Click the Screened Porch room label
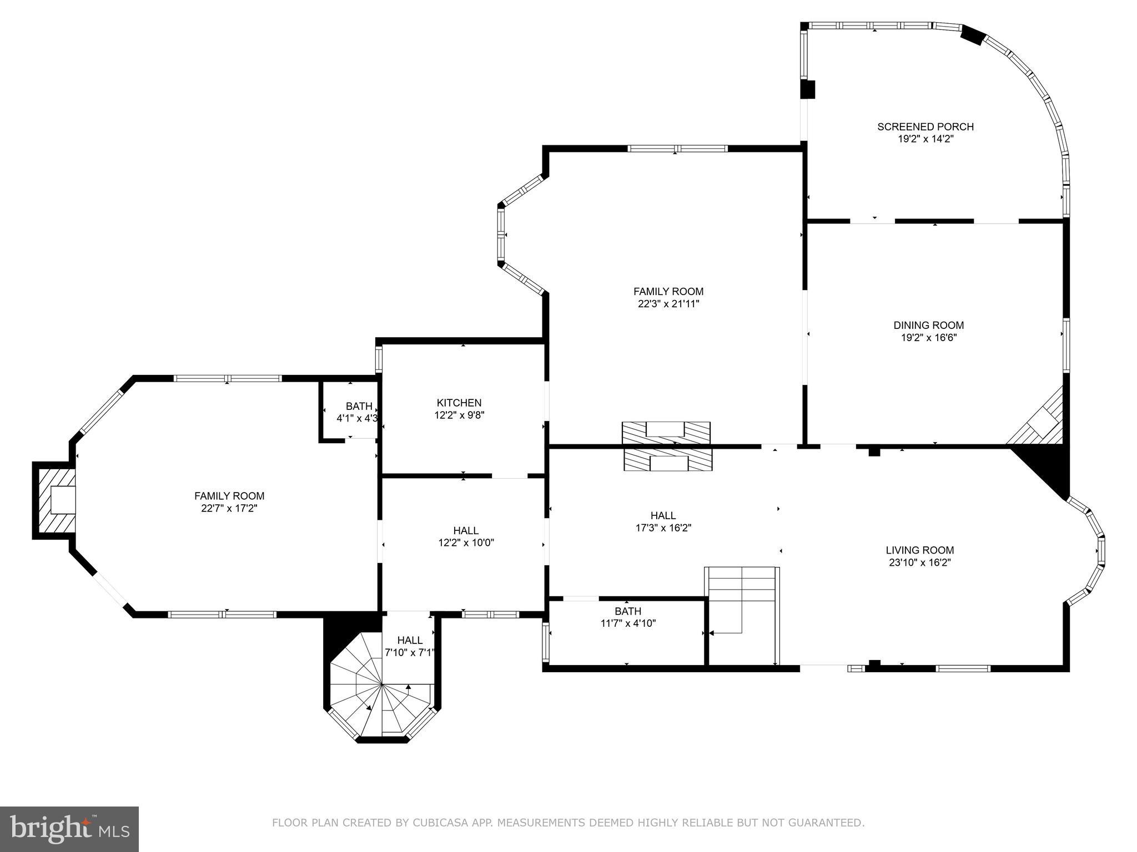(925, 127)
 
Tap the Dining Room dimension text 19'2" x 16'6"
(928, 337)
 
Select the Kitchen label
(459, 403)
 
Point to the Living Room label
(919, 550)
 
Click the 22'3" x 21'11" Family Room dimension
(668, 304)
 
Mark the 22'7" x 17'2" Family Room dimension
(229, 508)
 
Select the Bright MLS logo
(69, 829)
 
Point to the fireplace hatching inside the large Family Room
(666, 432)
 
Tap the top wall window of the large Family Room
(677, 148)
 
